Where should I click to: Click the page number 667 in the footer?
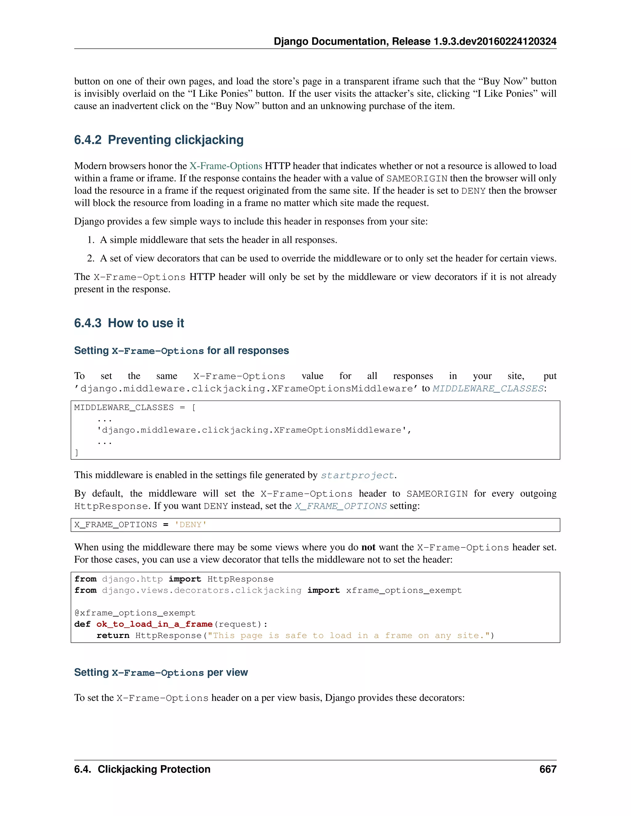(x=548, y=769)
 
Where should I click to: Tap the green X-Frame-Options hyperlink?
(x=226, y=166)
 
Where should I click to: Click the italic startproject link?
(x=357, y=475)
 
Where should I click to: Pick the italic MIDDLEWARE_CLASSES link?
(x=488, y=389)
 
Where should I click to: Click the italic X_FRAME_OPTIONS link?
(x=340, y=506)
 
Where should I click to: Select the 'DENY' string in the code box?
(x=191, y=525)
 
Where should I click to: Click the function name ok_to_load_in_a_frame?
(x=154, y=624)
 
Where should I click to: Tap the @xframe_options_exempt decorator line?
(x=135, y=613)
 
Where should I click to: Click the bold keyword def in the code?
(x=82, y=624)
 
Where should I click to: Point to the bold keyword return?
(x=113, y=636)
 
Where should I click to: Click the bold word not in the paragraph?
(x=368, y=547)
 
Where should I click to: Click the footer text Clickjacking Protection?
(x=154, y=769)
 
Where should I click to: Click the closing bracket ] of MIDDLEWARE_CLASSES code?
(x=77, y=453)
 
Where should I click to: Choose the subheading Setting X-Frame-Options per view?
(x=161, y=673)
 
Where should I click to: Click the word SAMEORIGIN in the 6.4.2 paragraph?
(x=417, y=179)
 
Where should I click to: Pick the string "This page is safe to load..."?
(x=351, y=636)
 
